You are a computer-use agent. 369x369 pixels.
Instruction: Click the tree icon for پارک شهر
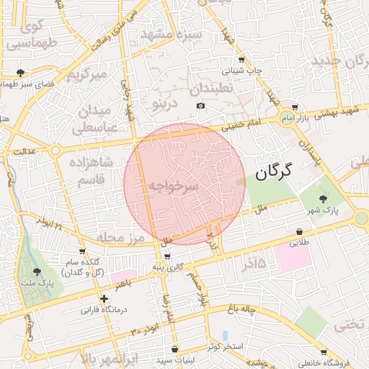pyautogui.click(x=321, y=199)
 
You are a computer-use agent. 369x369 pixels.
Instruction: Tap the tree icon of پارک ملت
pyautogui.click(x=37, y=272)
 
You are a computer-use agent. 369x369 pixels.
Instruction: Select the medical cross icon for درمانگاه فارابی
pyautogui.click(x=105, y=298)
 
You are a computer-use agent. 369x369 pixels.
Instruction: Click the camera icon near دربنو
pyautogui.click(x=200, y=106)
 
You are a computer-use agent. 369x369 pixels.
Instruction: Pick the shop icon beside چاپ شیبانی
pyautogui.click(x=241, y=60)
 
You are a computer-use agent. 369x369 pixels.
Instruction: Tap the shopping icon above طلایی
pyautogui.click(x=298, y=231)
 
